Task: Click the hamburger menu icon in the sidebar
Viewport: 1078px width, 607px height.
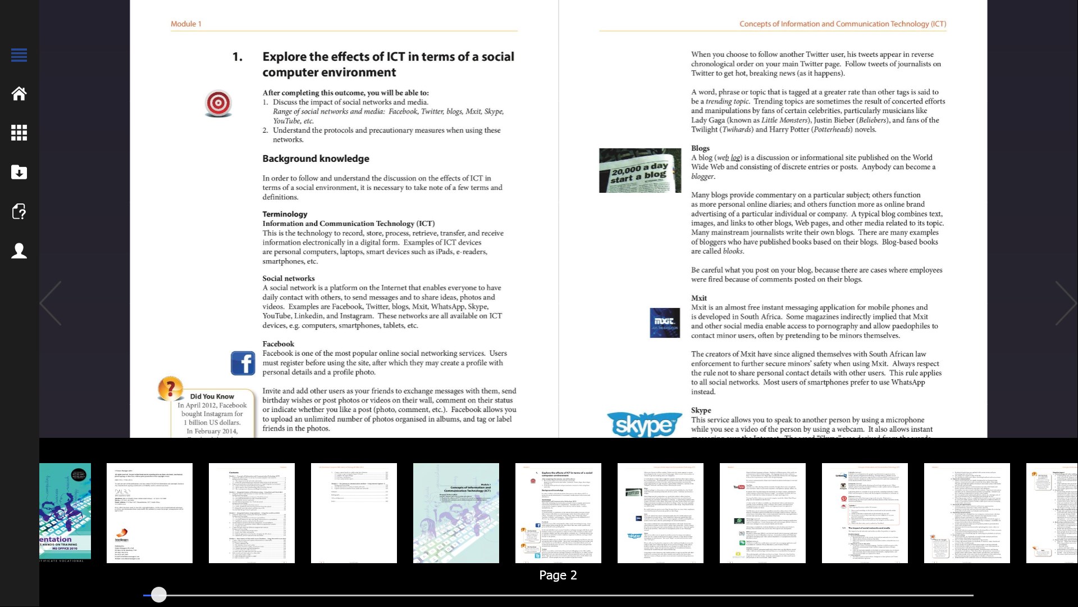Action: [x=19, y=55]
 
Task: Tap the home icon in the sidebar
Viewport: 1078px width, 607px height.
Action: [x=19, y=94]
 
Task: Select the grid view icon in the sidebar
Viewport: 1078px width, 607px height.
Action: [x=19, y=133]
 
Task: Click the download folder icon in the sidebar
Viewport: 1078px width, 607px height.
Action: [x=19, y=173]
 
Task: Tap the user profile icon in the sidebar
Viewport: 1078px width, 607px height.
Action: [x=19, y=251]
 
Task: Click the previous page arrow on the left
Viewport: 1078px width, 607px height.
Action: [x=51, y=303]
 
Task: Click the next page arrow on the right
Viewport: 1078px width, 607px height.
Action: [x=1065, y=303]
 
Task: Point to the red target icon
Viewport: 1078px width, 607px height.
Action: [x=218, y=103]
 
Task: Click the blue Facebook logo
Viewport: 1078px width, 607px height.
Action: [x=243, y=364]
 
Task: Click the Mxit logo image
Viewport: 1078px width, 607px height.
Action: [x=665, y=323]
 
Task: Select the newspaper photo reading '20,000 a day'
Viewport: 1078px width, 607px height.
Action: [x=640, y=171]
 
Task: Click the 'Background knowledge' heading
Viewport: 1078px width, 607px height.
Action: [x=316, y=159]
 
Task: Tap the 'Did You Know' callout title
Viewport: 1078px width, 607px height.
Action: [x=212, y=396]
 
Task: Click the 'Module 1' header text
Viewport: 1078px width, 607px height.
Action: [x=186, y=24]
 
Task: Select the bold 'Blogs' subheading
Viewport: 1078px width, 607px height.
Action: [x=700, y=148]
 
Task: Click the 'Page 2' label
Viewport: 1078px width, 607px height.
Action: [x=558, y=575]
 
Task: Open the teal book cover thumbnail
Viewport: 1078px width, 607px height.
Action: [x=65, y=512]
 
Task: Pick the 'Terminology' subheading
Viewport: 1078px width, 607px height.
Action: [x=285, y=214]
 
